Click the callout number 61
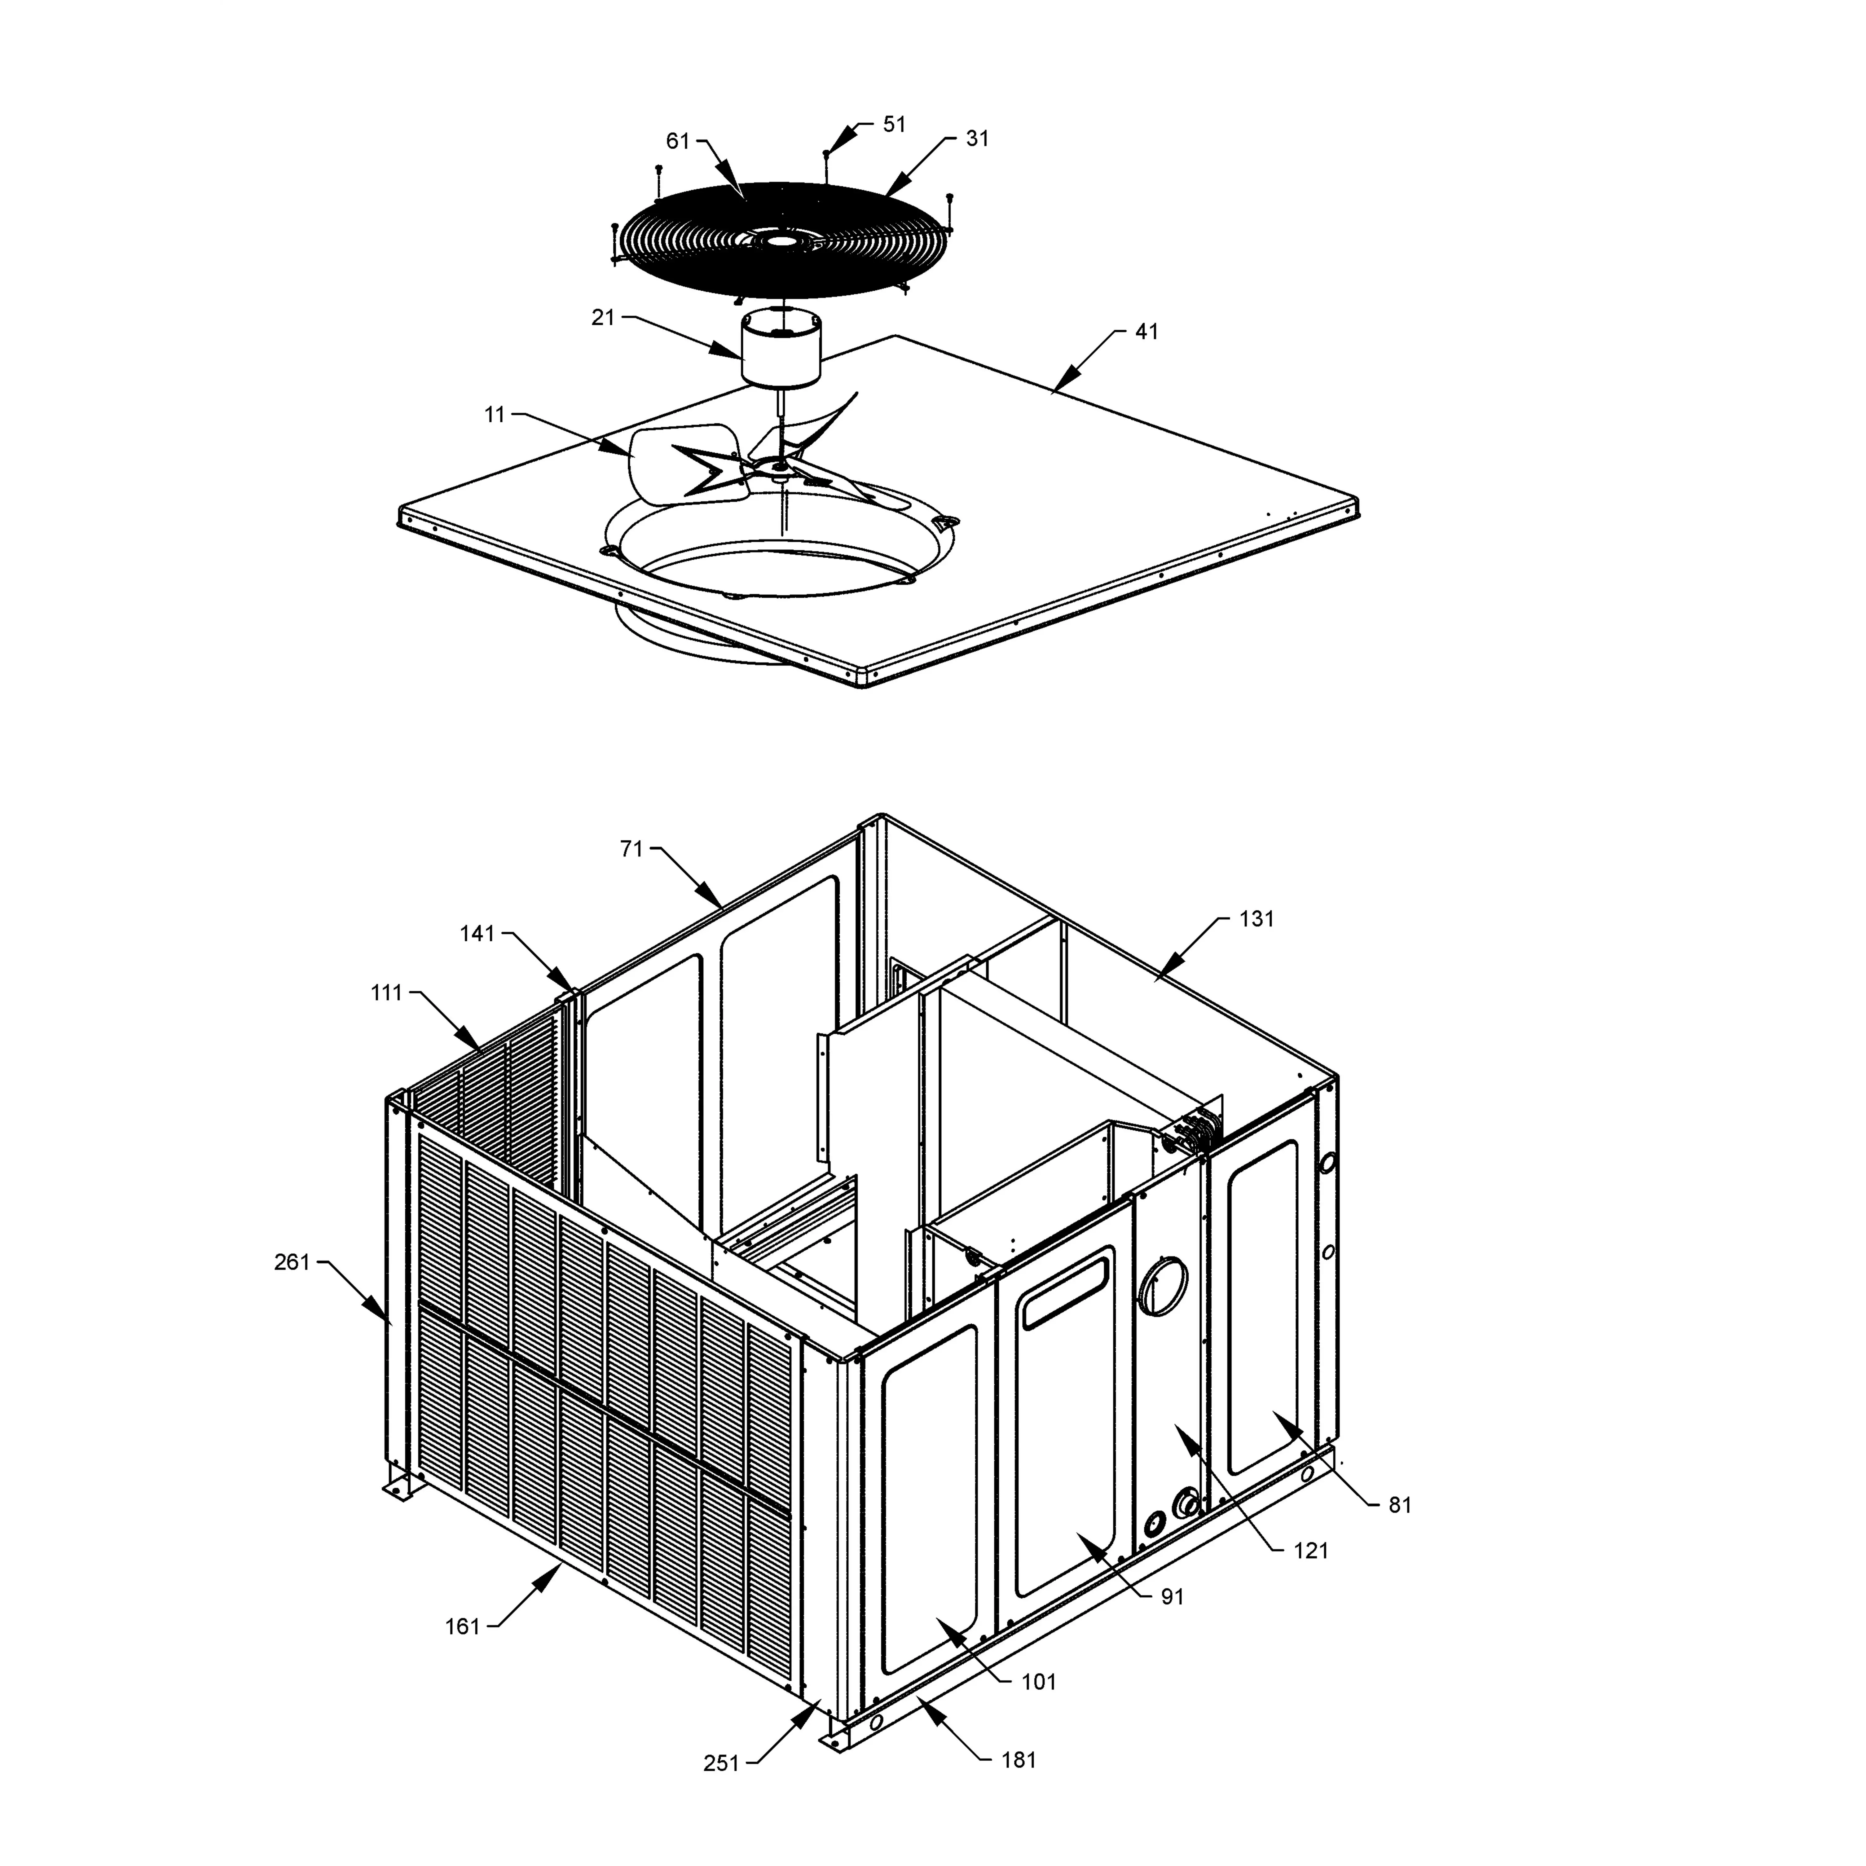[x=678, y=141]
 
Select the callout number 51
[x=894, y=125]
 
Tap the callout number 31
[x=977, y=139]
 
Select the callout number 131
[x=1256, y=919]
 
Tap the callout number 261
[x=292, y=1261]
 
